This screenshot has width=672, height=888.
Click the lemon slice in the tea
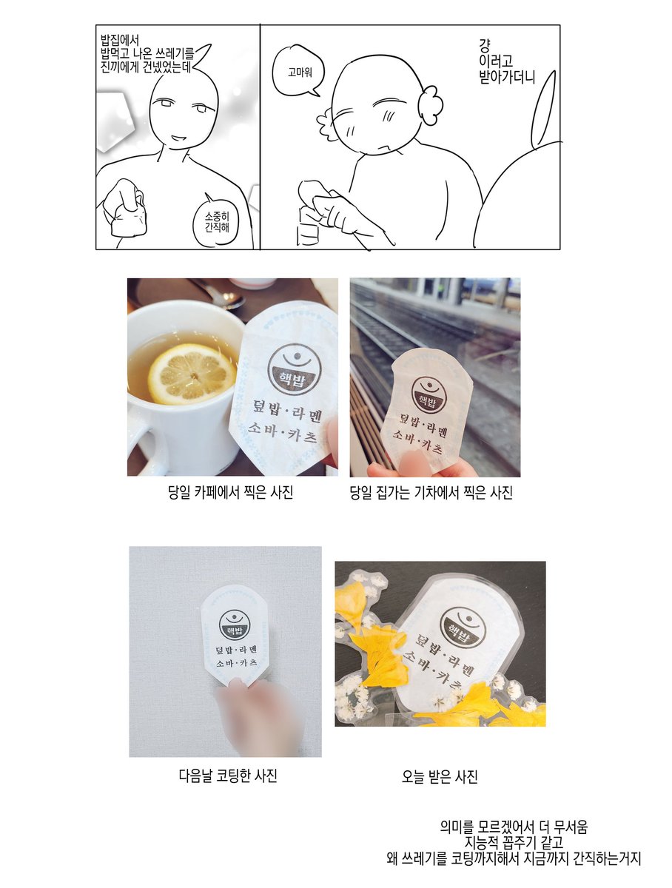pyautogui.click(x=192, y=374)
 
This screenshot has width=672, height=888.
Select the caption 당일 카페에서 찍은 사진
pyautogui.click(x=230, y=492)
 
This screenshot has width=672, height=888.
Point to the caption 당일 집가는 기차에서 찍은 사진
pyautogui.click(x=431, y=492)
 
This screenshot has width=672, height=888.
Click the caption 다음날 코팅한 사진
pyautogui.click(x=228, y=776)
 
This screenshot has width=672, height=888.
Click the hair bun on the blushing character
pyautogui.click(x=430, y=105)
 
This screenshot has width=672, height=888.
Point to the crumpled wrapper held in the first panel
pyautogui.click(x=129, y=218)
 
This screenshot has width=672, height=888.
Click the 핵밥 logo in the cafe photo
pyautogui.click(x=295, y=369)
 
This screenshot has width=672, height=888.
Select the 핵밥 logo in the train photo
pyautogui.click(x=429, y=394)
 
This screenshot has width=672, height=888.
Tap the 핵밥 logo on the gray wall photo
pyautogui.click(x=235, y=625)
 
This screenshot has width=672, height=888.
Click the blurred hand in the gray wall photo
pyautogui.click(x=259, y=716)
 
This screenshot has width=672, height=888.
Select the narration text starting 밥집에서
pyautogui.click(x=147, y=54)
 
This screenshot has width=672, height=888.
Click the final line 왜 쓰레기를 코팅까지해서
pyautogui.click(x=514, y=858)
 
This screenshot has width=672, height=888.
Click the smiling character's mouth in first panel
pyautogui.click(x=178, y=137)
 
